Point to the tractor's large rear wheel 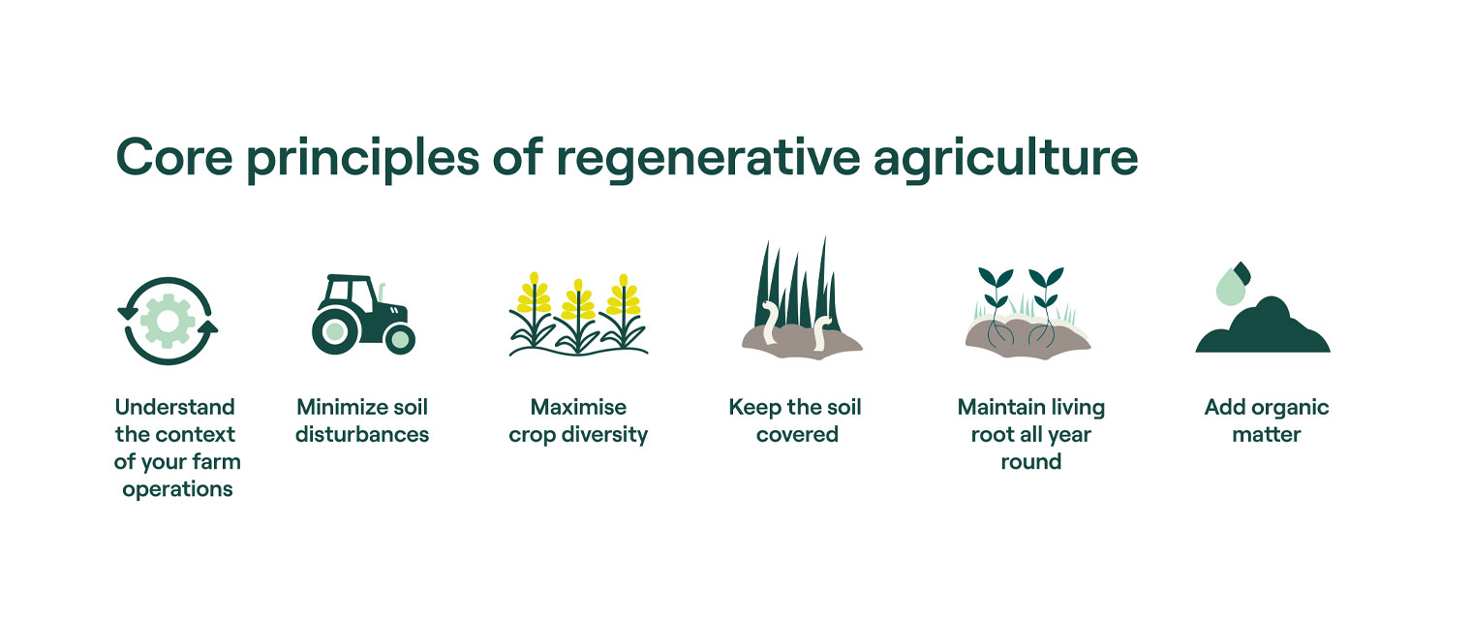[335, 331]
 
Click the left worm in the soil [771, 324]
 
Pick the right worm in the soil [821, 331]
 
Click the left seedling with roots [995, 300]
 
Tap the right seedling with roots [1045, 300]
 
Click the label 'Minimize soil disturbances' [362, 420]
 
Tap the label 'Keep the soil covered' [795, 420]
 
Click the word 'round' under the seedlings [1030, 461]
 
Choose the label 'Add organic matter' [1267, 420]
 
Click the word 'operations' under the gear [177, 489]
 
